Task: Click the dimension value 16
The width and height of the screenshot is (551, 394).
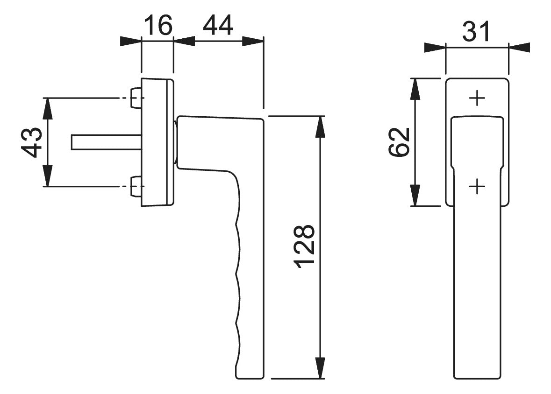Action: click(158, 25)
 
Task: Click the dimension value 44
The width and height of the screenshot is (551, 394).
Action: click(218, 25)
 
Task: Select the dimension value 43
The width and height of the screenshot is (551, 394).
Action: click(32, 142)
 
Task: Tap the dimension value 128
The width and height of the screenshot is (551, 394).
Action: click(304, 247)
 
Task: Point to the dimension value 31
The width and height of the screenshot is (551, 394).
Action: click(476, 31)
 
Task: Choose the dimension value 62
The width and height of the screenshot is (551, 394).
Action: click(400, 142)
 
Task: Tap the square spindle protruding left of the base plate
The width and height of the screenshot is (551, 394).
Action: click(107, 142)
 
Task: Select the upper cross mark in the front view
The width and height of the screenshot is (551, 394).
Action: click(477, 98)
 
